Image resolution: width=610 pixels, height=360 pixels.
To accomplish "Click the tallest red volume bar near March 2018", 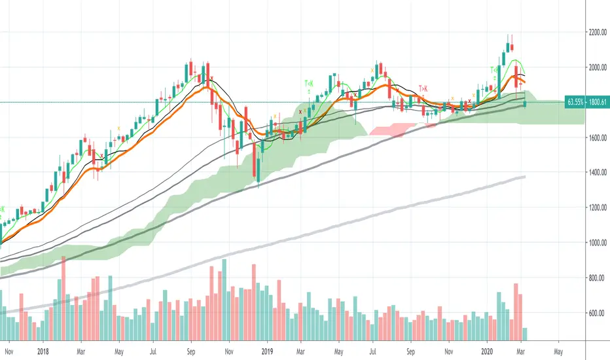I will point(63,298).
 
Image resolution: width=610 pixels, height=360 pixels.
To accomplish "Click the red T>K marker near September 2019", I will point(423,88).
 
